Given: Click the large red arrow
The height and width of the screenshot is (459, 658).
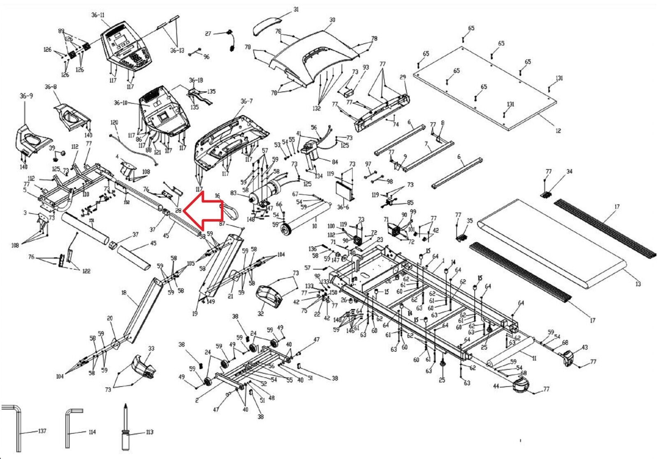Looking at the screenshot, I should pos(203,211).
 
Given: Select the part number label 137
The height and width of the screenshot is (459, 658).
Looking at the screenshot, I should pos(42,431).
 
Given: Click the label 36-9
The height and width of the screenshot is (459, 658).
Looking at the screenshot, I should pos(26,96).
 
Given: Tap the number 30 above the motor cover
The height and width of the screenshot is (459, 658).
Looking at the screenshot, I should pos(332,20).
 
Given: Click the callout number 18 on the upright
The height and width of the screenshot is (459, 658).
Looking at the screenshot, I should pos(124,293).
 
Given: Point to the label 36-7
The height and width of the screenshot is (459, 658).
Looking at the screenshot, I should pos(246,101).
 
